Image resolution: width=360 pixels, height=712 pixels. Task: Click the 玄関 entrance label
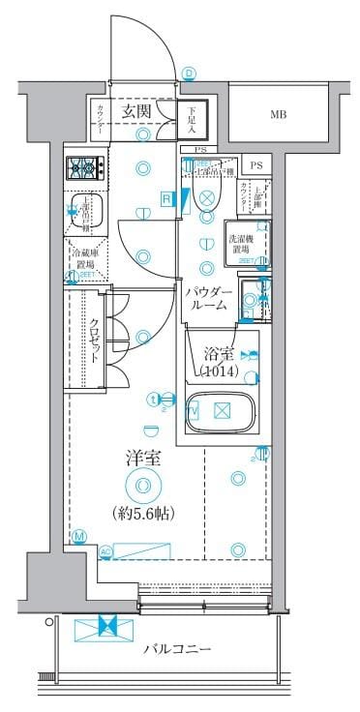click(x=135, y=111)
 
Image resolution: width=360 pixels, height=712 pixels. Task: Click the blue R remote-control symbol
click(x=166, y=199)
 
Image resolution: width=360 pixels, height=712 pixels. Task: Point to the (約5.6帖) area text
click(x=141, y=513)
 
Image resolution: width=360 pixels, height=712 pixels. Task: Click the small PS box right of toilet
click(x=255, y=165)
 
